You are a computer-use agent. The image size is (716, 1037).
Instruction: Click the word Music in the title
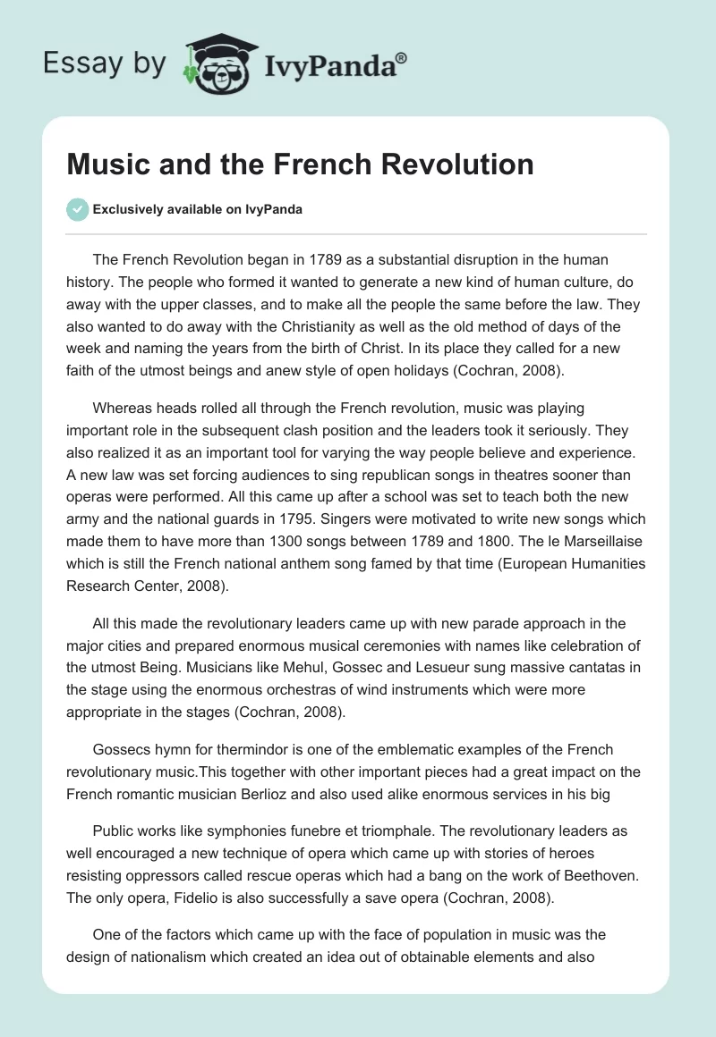tap(104, 164)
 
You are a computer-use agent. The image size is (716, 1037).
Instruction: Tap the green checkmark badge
tap(77, 209)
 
